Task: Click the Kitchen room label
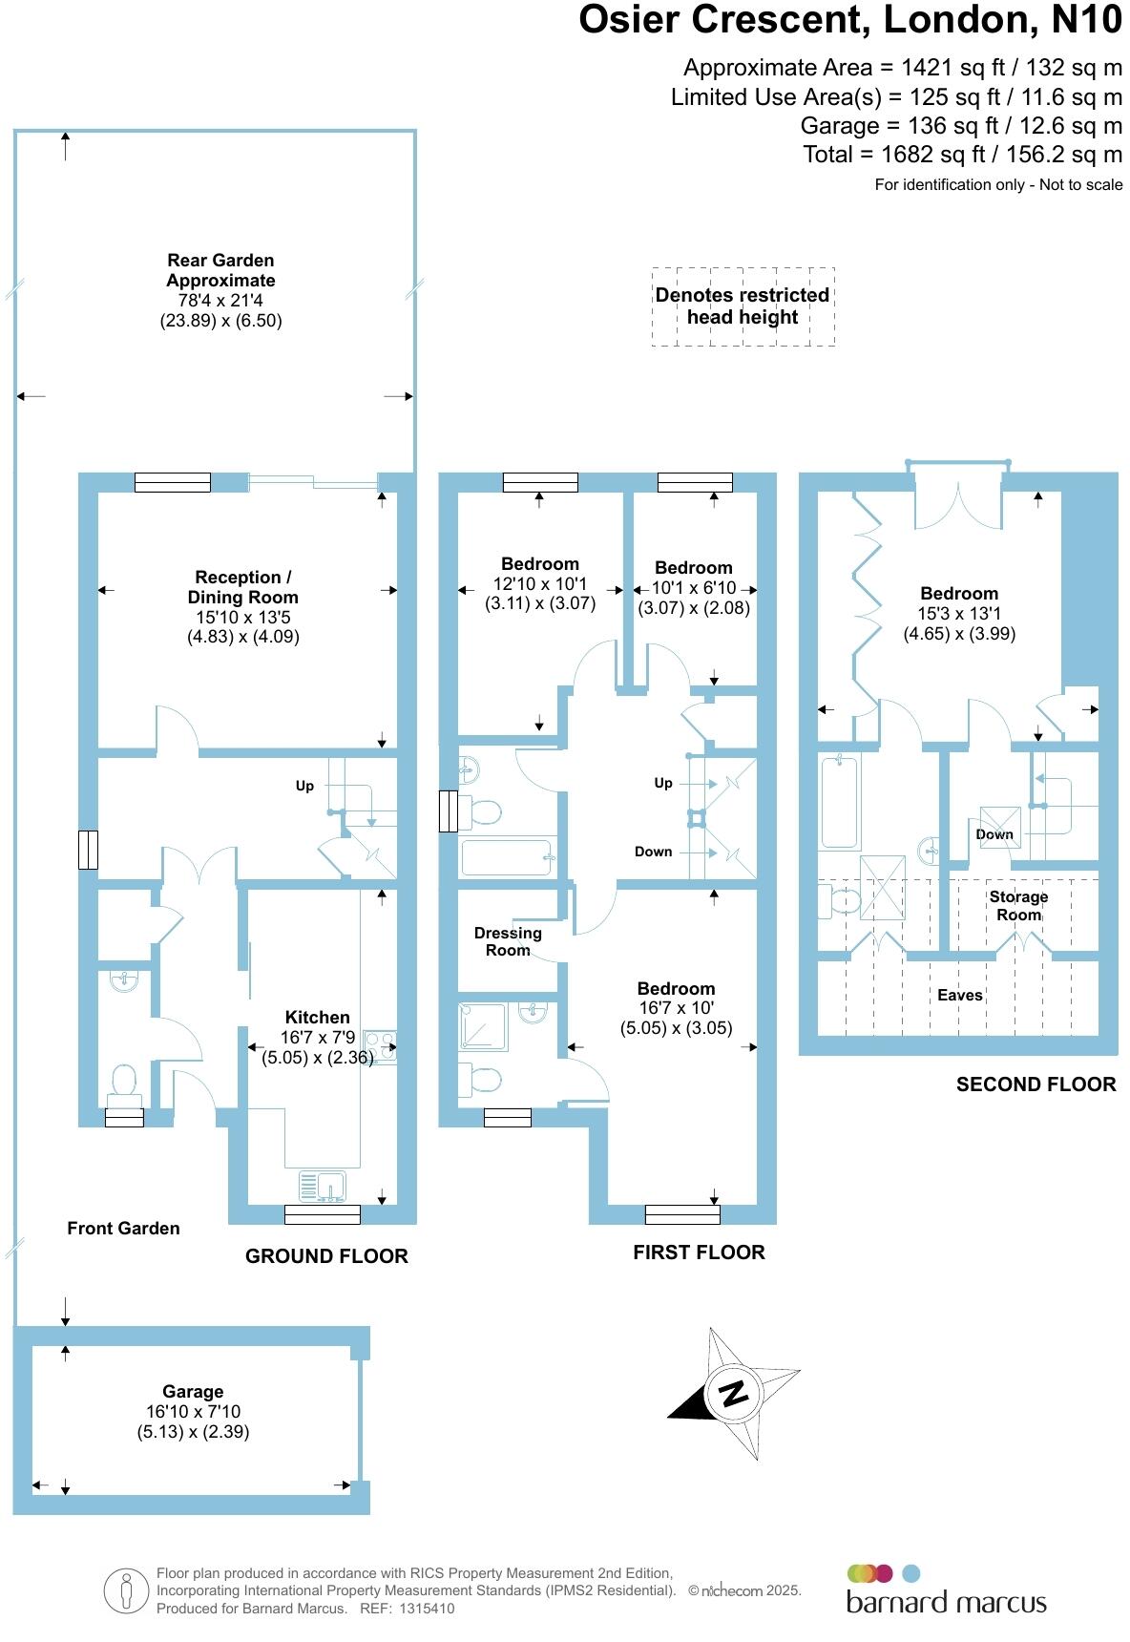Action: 317,1017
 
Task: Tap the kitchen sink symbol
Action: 323,1186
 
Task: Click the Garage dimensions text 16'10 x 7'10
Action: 193,1411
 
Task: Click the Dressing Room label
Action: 508,941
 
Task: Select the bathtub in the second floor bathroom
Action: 840,801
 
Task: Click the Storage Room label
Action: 1018,905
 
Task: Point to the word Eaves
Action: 959,995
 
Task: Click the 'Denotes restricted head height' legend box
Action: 743,306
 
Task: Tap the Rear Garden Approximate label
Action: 220,270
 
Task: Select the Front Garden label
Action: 123,1228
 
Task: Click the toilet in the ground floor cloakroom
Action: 124,1083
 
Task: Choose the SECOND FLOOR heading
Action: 1036,1084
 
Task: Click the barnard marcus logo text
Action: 946,1602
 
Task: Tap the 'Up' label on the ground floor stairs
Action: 304,786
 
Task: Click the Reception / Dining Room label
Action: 242,587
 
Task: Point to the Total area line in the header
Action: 962,155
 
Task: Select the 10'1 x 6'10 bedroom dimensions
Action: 694,588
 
